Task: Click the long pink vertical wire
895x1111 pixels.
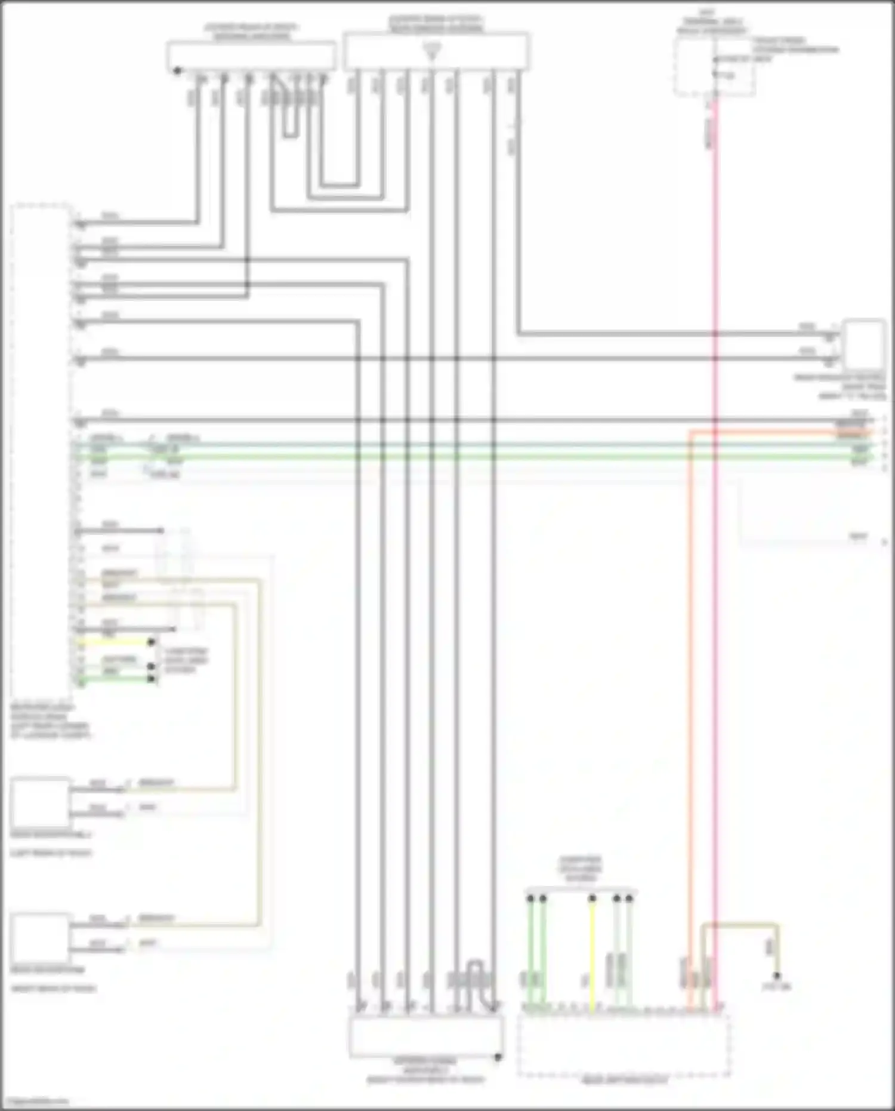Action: pos(715,597)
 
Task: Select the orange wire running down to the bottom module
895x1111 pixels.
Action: pos(690,716)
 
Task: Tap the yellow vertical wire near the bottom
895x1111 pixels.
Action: pos(592,955)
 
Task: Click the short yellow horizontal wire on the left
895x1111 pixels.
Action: pos(113,642)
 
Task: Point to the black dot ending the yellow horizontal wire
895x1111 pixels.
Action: pos(152,642)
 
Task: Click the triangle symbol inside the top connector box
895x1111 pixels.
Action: pos(433,51)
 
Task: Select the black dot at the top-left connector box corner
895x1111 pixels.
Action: pos(177,71)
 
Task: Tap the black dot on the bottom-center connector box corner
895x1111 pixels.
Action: pos(498,1057)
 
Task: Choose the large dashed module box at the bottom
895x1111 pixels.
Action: pos(624,1045)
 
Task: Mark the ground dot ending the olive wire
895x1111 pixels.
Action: pos(777,975)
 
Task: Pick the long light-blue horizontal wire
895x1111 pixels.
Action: pos(477,445)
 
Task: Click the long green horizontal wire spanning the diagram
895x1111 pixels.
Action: pos(477,457)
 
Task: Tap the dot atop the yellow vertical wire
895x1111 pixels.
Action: pos(592,898)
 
